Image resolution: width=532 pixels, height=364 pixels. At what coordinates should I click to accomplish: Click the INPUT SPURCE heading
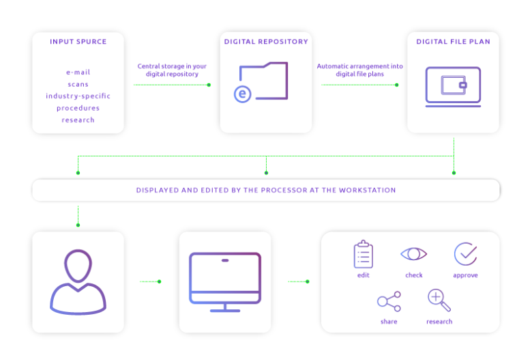tap(78, 42)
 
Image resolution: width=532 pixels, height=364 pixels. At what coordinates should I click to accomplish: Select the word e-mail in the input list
tap(78, 72)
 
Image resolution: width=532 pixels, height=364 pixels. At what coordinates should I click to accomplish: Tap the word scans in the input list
tap(78, 84)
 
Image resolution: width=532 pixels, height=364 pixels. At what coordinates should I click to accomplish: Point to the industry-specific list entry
tap(78, 96)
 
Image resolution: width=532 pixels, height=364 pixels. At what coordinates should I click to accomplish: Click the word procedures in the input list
tap(78, 108)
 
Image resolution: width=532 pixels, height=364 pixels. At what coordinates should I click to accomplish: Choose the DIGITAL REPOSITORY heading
tap(266, 42)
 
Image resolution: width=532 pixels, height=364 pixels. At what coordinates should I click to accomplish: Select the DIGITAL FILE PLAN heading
tap(453, 42)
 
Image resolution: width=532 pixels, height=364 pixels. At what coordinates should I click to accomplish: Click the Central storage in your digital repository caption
tap(172, 70)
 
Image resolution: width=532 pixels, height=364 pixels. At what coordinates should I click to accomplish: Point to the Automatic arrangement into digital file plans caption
tap(359, 70)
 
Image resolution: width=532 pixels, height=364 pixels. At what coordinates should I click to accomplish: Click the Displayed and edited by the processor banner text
tap(266, 191)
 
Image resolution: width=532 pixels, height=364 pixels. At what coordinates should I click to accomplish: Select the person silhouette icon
tap(78, 282)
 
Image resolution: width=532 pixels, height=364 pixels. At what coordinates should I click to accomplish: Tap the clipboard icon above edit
tap(364, 255)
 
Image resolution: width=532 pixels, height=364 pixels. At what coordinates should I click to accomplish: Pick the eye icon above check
tap(413, 254)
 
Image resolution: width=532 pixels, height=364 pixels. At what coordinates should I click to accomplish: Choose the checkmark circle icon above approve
tap(465, 254)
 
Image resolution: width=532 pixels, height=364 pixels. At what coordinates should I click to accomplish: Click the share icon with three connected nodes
tap(389, 301)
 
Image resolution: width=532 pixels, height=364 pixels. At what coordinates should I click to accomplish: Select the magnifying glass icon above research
tap(439, 300)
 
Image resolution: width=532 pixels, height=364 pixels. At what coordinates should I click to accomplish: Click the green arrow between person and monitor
tap(150, 281)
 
